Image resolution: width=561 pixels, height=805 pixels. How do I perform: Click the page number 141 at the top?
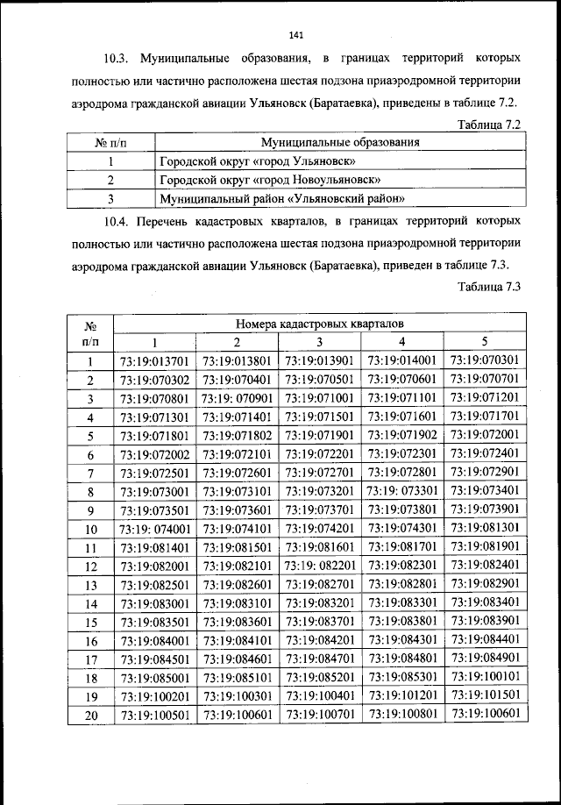295,35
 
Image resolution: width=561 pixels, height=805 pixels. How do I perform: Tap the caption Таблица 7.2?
490,125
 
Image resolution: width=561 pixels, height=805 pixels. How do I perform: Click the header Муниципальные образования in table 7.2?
339,142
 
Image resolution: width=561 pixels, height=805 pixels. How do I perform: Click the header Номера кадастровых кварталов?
320,324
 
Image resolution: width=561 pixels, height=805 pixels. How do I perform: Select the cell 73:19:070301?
485,360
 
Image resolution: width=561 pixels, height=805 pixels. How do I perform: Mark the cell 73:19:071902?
402,434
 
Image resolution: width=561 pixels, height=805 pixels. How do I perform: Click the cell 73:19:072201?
320,454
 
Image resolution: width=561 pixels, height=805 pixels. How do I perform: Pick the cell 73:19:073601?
237,511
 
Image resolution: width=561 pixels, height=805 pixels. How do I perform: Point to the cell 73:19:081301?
485,528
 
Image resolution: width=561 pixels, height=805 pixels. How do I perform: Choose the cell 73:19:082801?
402,584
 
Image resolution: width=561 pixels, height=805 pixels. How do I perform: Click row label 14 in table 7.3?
90,603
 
